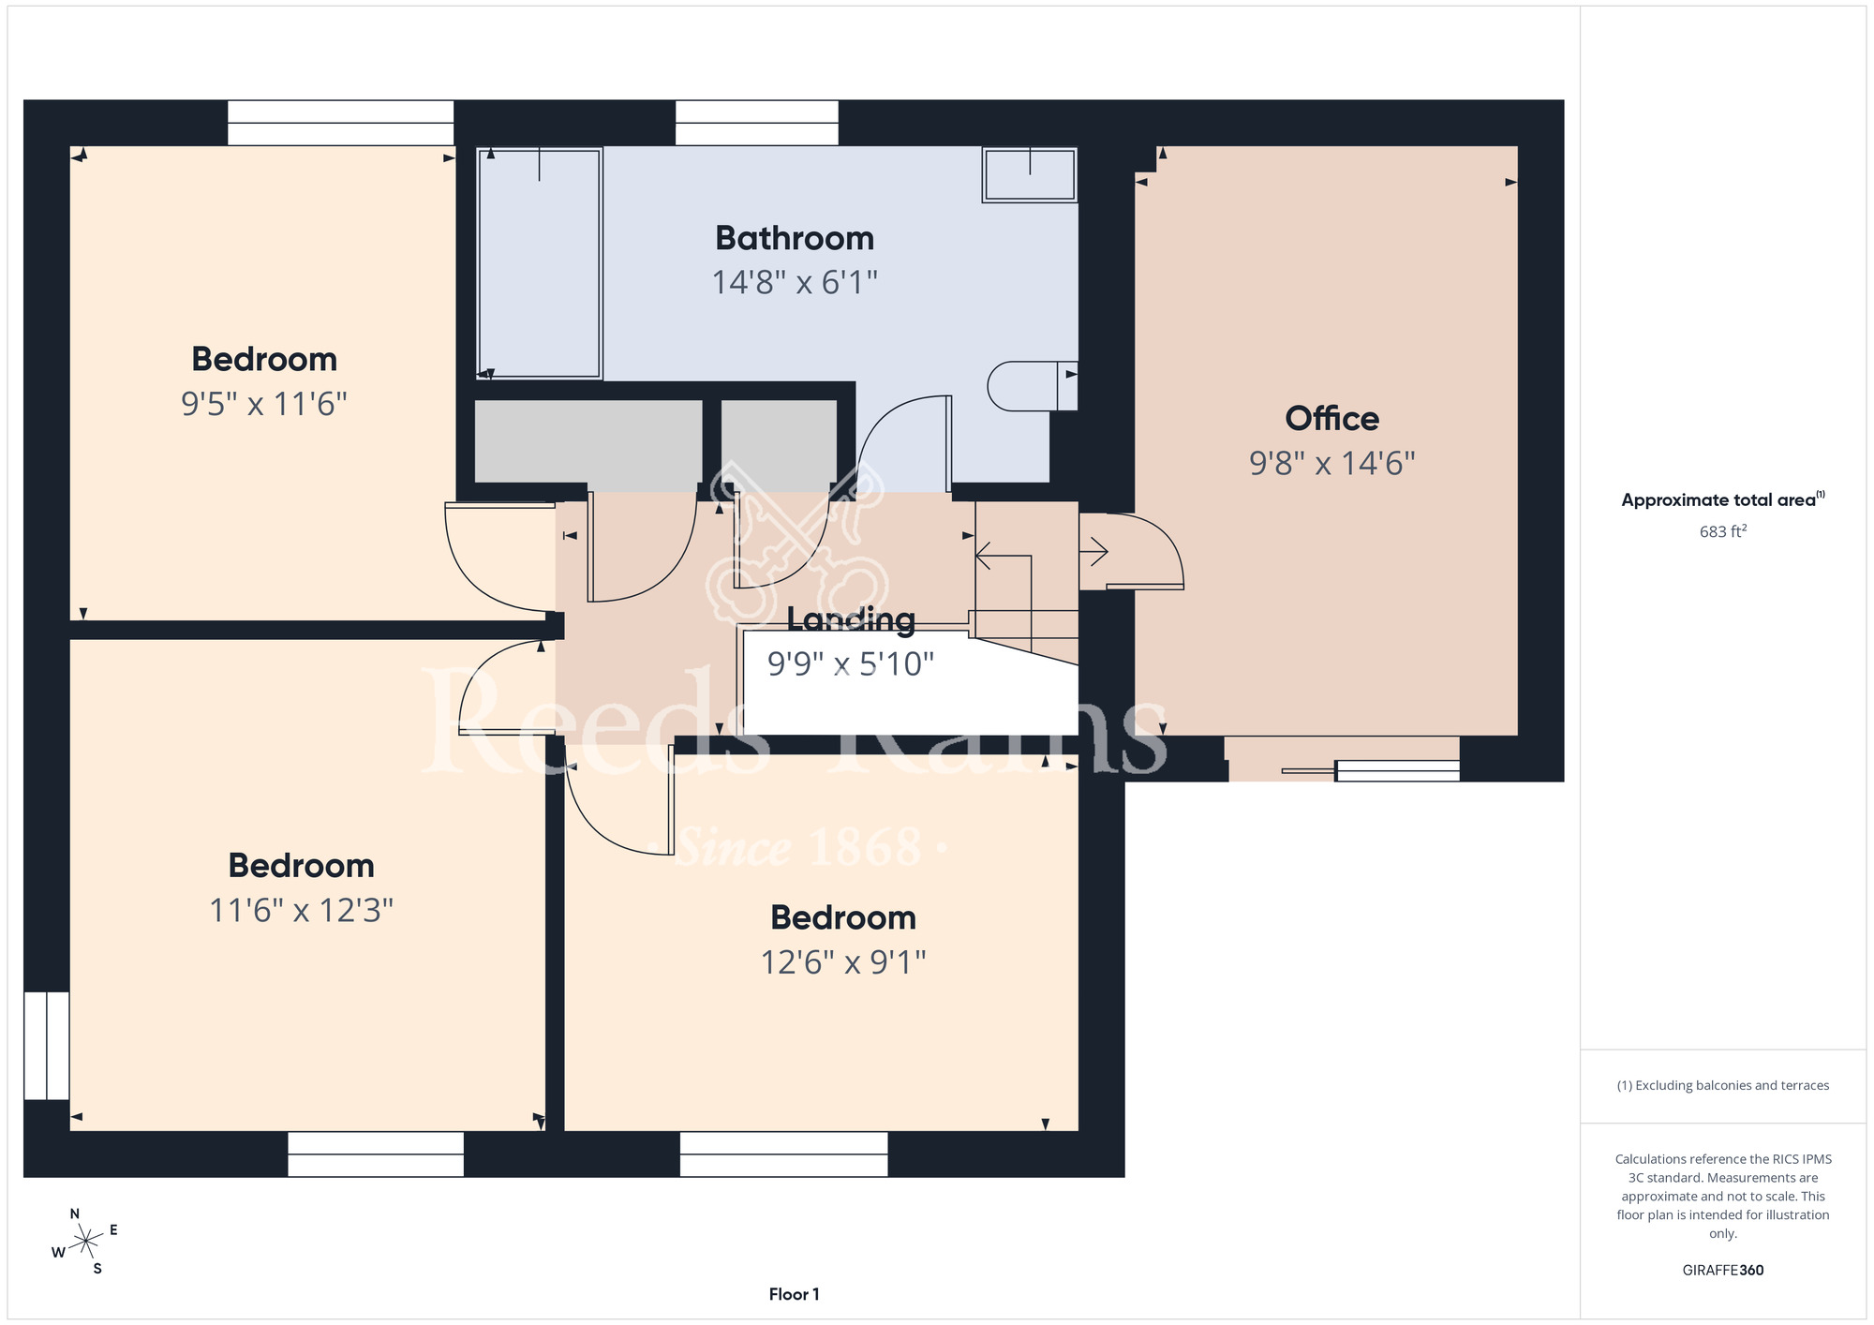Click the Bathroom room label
[x=795, y=238]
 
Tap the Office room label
[x=1331, y=418]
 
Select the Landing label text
[x=851, y=619]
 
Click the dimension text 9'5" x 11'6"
[x=264, y=404]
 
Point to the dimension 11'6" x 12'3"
[x=301, y=910]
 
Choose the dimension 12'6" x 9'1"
[x=843, y=962]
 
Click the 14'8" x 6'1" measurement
[x=795, y=282]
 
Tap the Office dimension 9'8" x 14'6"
[x=1331, y=463]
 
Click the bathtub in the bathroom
[x=539, y=262]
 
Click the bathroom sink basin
[x=1030, y=174]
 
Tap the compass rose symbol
[x=85, y=1242]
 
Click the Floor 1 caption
[x=794, y=1294]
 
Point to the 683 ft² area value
[x=1723, y=531]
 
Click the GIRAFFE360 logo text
[x=1723, y=1271]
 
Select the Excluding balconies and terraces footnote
[x=1723, y=1085]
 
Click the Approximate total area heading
[x=1723, y=499]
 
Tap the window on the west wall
[x=46, y=1046]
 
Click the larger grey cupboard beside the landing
[x=588, y=441]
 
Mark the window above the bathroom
[x=757, y=123]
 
